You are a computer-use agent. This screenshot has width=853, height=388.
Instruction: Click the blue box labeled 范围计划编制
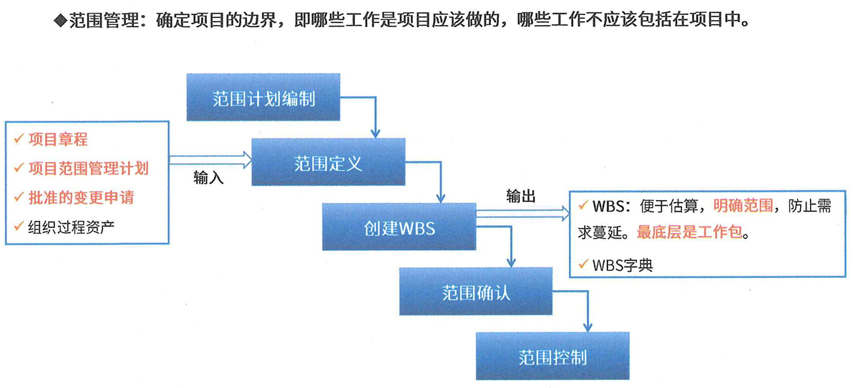tap(263, 97)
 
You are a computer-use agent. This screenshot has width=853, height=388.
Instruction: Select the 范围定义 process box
tap(328, 163)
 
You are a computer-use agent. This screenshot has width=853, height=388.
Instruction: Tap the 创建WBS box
tap(399, 227)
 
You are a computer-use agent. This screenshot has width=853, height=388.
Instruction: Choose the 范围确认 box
tap(476, 292)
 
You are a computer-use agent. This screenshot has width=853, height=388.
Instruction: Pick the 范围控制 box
tap(552, 356)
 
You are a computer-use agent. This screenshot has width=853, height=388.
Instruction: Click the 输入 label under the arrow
tap(208, 178)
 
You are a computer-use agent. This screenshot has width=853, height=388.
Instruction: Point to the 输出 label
tap(521, 197)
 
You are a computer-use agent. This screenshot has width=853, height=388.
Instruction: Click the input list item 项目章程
tap(58, 139)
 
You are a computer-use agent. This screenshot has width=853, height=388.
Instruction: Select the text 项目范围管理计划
tap(88, 169)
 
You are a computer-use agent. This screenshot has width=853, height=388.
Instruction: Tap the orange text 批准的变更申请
tap(81, 198)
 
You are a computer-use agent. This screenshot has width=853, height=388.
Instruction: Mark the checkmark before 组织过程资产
tap(18, 227)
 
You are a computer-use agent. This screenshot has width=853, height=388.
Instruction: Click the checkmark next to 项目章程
tap(18, 139)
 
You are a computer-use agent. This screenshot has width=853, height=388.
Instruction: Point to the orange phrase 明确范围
tap(744, 207)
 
